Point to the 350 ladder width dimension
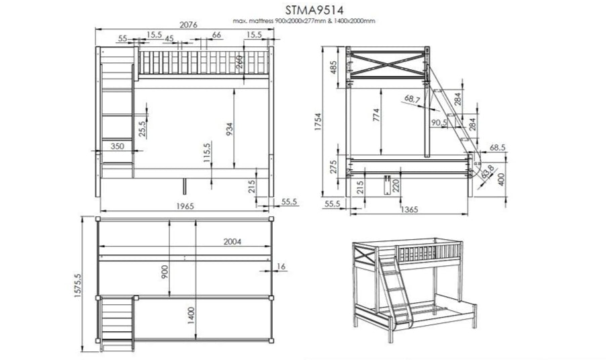point(116,146)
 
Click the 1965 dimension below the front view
point(183,206)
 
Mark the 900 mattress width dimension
point(165,271)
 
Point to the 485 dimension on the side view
point(334,67)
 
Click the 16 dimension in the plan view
point(280,267)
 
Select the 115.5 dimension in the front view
point(207,154)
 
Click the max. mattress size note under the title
point(304,21)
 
